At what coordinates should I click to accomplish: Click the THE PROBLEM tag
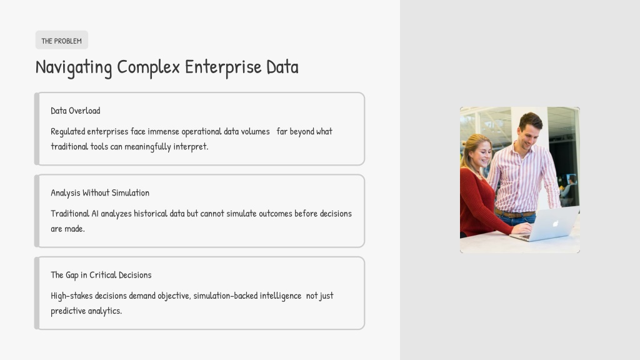(62, 40)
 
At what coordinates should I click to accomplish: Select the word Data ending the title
(282, 67)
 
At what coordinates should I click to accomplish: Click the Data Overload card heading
(76, 111)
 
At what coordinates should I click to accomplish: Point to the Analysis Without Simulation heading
(100, 192)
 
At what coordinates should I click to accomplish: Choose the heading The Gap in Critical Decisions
(101, 275)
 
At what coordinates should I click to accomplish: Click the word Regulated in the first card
(67, 132)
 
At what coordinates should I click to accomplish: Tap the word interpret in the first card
(191, 146)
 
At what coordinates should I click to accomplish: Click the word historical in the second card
(151, 214)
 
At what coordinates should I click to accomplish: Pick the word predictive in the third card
(68, 311)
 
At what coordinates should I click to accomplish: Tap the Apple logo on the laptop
(556, 223)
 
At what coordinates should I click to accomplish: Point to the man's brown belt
(515, 214)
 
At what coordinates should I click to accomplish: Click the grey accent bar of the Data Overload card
(37, 129)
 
